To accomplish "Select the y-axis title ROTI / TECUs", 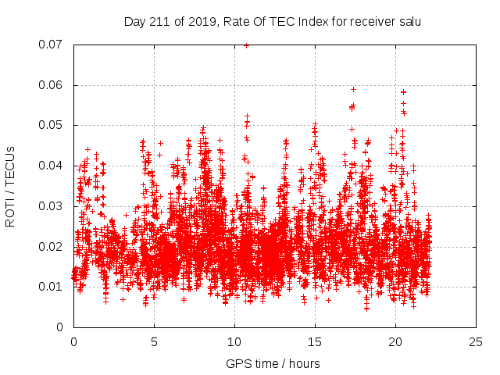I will point(11,186).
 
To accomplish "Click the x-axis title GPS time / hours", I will point(273,363).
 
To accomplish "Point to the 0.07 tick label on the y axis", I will point(52,45).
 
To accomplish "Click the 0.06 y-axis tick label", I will point(52,85).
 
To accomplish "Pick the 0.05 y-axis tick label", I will point(52,125).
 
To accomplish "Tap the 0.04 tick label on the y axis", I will point(52,166).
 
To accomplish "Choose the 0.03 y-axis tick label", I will point(52,206).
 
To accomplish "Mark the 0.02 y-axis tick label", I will point(52,247).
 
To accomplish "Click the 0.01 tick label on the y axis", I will point(52,287).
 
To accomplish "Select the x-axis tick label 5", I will point(154,341).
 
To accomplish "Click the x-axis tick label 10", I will point(234,341).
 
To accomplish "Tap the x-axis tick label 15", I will point(315,341).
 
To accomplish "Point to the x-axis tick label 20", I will point(395,341).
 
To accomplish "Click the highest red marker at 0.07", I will point(246,45).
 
